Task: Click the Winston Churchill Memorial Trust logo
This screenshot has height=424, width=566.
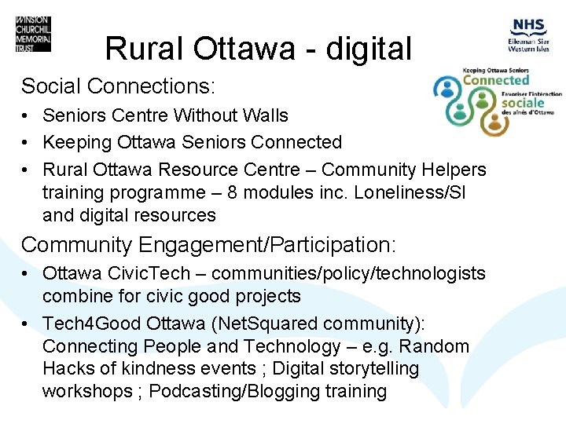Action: (32, 35)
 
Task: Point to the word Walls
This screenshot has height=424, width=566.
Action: (263, 115)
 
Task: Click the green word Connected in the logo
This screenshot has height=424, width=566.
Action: (496, 80)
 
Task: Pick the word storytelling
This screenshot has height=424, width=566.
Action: (373, 368)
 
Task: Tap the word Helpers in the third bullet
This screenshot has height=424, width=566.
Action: (457, 170)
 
